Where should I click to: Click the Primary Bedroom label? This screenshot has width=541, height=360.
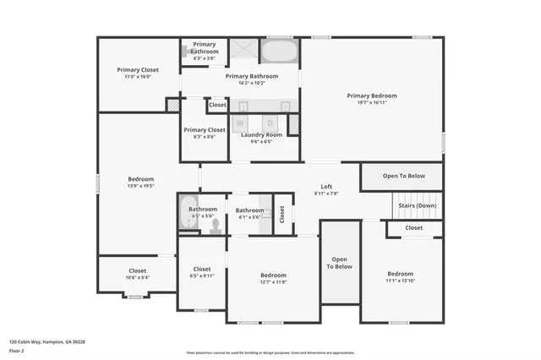pyautogui.click(x=371, y=95)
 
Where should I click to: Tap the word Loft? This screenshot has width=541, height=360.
pyautogui.click(x=325, y=187)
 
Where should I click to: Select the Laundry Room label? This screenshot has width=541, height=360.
pyautogui.click(x=261, y=135)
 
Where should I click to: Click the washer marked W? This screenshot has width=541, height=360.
pyautogui.click(x=239, y=123)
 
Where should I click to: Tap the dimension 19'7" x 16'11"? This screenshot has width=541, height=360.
pyautogui.click(x=371, y=102)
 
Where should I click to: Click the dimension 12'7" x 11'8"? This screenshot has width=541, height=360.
pyautogui.click(x=273, y=282)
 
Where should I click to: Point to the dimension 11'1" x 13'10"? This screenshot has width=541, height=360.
pyautogui.click(x=400, y=281)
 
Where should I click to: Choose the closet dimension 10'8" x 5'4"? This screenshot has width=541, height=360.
pyautogui.click(x=137, y=277)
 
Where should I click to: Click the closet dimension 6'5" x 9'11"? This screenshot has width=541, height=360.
pyautogui.click(x=202, y=275)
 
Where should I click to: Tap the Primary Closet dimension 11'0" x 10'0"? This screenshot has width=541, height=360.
pyautogui.click(x=137, y=77)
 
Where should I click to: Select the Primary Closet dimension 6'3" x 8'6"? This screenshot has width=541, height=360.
pyautogui.click(x=205, y=136)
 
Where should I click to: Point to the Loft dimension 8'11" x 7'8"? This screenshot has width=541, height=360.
pyautogui.click(x=325, y=194)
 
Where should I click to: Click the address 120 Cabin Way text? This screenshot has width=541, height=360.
pyautogui.click(x=47, y=341)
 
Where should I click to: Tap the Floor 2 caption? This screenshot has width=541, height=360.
pyautogui.click(x=17, y=350)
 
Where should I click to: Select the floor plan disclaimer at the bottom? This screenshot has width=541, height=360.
pyautogui.click(x=270, y=352)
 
